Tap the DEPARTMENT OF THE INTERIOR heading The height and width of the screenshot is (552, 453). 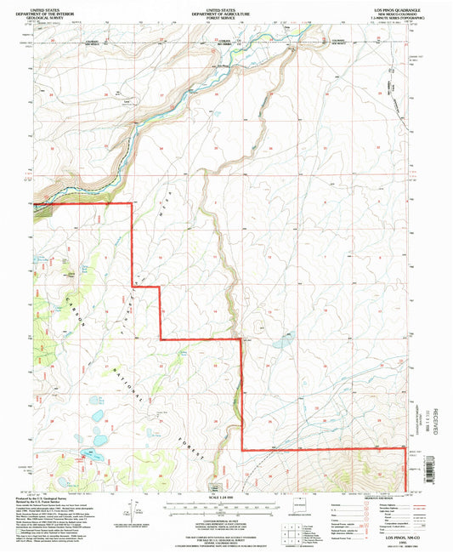pos(57,9)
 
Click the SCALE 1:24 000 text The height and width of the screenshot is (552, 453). pos(225,498)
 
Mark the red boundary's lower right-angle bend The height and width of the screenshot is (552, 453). pos(242,449)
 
